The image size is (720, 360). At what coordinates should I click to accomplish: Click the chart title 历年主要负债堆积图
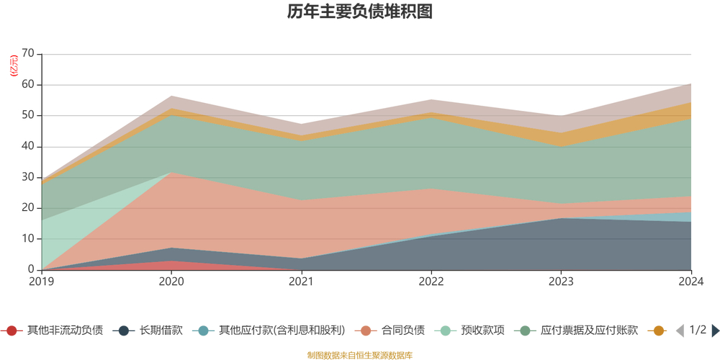click(359, 12)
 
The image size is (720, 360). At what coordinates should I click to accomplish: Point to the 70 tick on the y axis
click(28, 54)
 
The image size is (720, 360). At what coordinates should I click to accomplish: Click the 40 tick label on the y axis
click(28, 147)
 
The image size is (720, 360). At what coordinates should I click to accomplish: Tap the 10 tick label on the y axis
click(28, 239)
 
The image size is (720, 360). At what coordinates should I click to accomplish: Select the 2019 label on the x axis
click(41, 282)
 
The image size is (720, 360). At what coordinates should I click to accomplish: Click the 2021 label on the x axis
click(301, 282)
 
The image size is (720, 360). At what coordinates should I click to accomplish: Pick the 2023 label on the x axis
click(561, 282)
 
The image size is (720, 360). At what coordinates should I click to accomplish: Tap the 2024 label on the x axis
click(690, 282)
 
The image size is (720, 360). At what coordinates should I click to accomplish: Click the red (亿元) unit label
click(14, 66)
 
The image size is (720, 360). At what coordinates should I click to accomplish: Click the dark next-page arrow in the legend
click(715, 330)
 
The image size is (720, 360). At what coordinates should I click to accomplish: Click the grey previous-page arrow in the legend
click(679, 330)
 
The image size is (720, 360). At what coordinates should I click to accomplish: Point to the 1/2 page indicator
click(698, 330)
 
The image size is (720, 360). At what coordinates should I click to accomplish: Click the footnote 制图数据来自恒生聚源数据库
click(359, 355)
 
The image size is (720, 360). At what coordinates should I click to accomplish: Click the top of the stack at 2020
click(171, 96)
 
